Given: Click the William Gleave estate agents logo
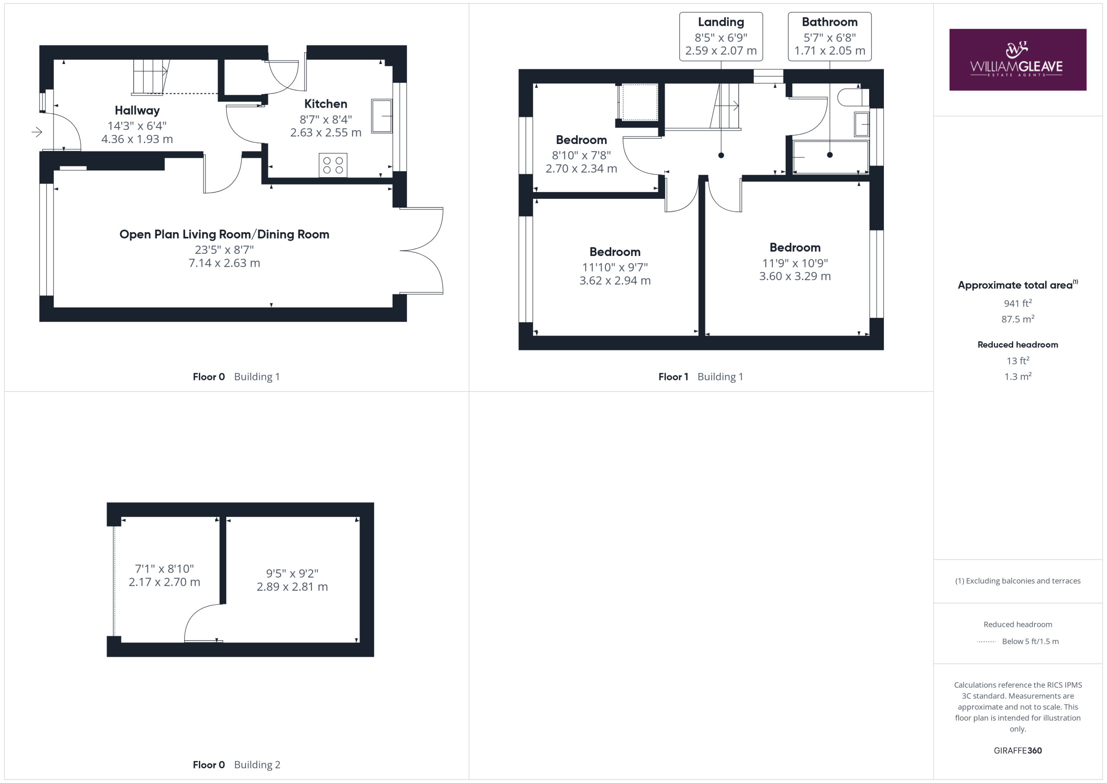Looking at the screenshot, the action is (x=1017, y=60).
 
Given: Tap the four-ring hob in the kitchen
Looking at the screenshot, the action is (x=333, y=165).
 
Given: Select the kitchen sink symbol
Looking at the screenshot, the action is (x=381, y=116).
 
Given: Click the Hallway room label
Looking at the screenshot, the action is (x=137, y=110).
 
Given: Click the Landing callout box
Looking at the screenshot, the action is (x=721, y=37).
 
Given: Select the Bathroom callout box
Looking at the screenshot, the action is (x=829, y=37).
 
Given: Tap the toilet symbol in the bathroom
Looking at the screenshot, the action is (x=853, y=97).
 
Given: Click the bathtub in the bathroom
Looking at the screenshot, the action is (x=830, y=157).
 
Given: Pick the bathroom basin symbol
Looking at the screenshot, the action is (x=861, y=125).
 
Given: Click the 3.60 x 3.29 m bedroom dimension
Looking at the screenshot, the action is (x=794, y=276).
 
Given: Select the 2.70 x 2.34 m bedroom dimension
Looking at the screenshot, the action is (x=581, y=169).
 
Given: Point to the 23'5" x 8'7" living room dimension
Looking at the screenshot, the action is (x=224, y=250).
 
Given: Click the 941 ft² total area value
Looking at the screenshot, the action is (x=1017, y=303).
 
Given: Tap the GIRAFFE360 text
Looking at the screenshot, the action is (x=1017, y=751).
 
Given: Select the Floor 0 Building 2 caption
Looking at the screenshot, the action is (x=236, y=765).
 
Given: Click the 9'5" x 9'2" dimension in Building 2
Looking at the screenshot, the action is (x=292, y=573).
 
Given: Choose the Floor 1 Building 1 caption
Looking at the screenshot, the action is (x=701, y=377).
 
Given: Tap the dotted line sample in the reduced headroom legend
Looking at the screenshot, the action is (x=986, y=642).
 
